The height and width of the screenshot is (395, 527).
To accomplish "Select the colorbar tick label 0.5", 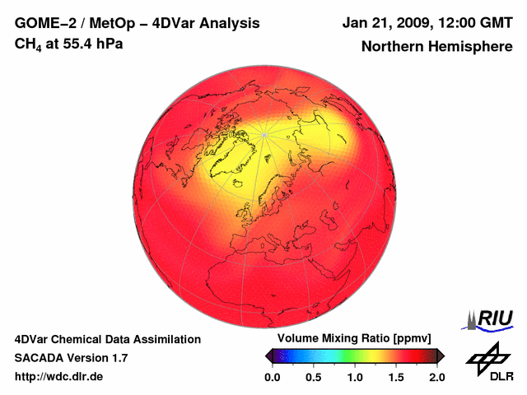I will pos(313,377).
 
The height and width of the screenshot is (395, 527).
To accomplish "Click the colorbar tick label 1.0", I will pos(354,377).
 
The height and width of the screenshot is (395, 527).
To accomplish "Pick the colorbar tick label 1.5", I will pos(395,377).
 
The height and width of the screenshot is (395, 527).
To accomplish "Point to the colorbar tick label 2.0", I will pos(436,377).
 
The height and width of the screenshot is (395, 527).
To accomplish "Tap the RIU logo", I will pos(489,319).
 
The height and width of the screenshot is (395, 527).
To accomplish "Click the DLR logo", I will pos(487,362).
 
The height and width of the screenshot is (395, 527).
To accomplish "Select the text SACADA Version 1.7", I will pos(71,358).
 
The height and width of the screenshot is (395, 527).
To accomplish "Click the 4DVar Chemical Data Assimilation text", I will pos(107,339).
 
